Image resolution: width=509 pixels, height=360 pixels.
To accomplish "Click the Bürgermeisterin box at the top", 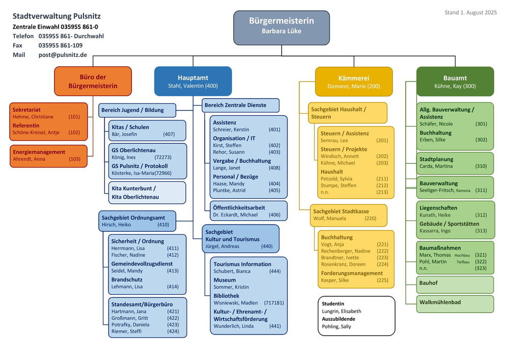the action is tap(281, 27).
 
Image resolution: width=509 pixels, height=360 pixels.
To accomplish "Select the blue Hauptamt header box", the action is tap(193, 81).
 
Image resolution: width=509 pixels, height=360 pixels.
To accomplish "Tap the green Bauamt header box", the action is tap(455, 81).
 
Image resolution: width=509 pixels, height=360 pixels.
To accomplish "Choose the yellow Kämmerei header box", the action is tap(354, 81).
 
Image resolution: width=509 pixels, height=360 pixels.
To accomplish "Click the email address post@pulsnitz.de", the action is tap(63, 55).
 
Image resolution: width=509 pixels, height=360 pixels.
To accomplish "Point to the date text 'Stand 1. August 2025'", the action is tap(471, 12).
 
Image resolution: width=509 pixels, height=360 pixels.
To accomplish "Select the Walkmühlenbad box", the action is tap(455, 304).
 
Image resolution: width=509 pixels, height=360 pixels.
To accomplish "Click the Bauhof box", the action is tap(455, 285).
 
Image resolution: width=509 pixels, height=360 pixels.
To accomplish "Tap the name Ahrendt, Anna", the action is tap(29, 159).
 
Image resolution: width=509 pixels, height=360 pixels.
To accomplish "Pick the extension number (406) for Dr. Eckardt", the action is tap(275, 214).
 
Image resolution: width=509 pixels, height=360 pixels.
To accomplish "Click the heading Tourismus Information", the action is tap(242, 264).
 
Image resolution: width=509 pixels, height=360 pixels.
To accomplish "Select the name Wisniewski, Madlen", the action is tap(236, 303).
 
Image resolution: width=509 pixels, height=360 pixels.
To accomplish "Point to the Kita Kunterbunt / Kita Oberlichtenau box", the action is tap(148, 192).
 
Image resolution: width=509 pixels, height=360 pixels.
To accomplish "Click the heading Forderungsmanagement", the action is tap(352, 273).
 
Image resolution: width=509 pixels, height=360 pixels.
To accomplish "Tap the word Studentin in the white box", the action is tap(333, 304).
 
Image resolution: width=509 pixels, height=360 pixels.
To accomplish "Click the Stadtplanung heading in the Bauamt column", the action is tap(436, 159).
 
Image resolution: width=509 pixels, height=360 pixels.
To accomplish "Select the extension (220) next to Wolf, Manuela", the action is tap(371, 218).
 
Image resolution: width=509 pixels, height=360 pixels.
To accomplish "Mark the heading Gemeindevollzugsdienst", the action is tap(142, 264).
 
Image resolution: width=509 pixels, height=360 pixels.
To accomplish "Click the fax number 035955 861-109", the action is tap(61, 45).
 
